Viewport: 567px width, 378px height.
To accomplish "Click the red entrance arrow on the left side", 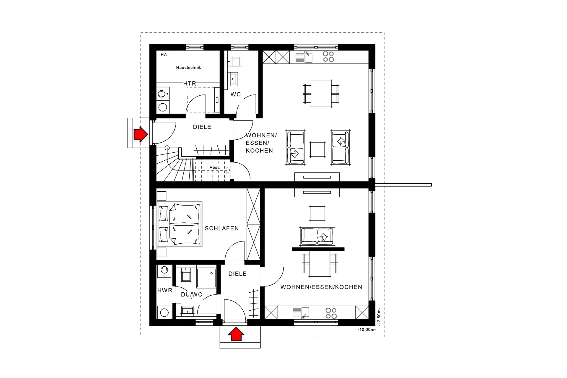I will coord(140,135).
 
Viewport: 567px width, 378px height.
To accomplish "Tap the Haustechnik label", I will coord(188,68).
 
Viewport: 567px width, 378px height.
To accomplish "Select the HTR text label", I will coord(190,84).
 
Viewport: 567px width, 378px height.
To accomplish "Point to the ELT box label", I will coord(217,100).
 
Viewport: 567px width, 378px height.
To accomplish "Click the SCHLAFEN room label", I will coord(222,229).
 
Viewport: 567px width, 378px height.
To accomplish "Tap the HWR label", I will coord(164,291).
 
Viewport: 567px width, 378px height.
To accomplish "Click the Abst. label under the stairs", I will coord(215,167).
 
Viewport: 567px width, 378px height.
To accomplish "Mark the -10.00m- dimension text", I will coord(366,330).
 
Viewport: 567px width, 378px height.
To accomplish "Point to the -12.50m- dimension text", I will coord(379,317).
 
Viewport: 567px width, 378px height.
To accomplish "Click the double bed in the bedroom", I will coord(180,224).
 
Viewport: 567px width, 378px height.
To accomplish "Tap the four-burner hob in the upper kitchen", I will coord(328,57).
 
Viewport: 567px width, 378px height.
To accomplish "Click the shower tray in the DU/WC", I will coord(206,278).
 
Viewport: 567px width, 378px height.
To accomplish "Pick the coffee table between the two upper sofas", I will coord(317,149).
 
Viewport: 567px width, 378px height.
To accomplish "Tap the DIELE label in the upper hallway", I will coord(202,127).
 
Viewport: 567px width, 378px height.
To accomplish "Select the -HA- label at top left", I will coord(164,55).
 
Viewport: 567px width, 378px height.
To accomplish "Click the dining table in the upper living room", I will coord(321,94).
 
